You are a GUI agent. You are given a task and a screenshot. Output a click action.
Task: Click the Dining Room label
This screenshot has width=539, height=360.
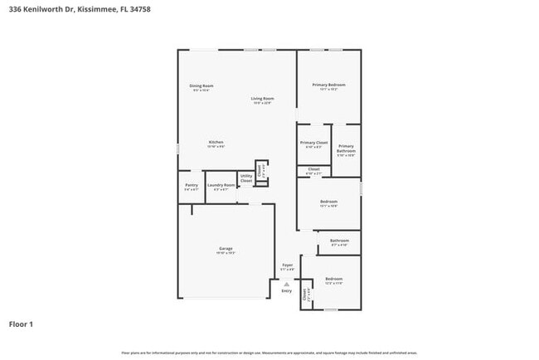click(x=202, y=85)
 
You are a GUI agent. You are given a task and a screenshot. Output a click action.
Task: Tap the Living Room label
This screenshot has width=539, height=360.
click(x=263, y=99)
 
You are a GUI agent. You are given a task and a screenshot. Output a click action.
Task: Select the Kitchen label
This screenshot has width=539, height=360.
click(x=216, y=143)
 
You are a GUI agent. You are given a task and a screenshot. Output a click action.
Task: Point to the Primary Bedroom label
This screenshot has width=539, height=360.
click(x=328, y=85)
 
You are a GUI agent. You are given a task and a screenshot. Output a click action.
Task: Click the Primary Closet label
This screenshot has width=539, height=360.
click(x=313, y=143)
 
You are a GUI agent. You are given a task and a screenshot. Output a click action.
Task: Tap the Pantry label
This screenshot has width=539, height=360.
click(x=191, y=185)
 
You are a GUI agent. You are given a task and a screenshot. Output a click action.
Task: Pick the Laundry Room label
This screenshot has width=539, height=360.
click(x=221, y=185)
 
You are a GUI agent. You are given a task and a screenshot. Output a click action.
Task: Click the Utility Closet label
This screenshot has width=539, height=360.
click(x=246, y=178)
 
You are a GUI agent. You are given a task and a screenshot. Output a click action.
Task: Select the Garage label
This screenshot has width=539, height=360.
click(x=226, y=249)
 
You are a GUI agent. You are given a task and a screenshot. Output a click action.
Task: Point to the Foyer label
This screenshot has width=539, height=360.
click(x=287, y=265)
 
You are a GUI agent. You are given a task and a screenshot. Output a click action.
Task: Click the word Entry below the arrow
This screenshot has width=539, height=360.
click(x=287, y=291)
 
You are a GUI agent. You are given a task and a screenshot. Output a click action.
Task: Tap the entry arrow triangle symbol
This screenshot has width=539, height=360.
click(x=287, y=284)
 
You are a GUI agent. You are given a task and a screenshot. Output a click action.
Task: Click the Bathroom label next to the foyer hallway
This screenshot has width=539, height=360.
click(x=339, y=241)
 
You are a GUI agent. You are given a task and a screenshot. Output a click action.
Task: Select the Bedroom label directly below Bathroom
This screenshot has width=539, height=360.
click(x=333, y=279)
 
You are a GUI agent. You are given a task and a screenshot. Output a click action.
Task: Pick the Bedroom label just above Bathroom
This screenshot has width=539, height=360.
click(x=328, y=202)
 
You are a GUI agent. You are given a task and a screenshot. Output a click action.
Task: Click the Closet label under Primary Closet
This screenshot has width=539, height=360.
click(x=313, y=169)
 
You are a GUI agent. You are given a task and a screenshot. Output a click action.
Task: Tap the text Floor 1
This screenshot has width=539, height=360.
click(x=21, y=324)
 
